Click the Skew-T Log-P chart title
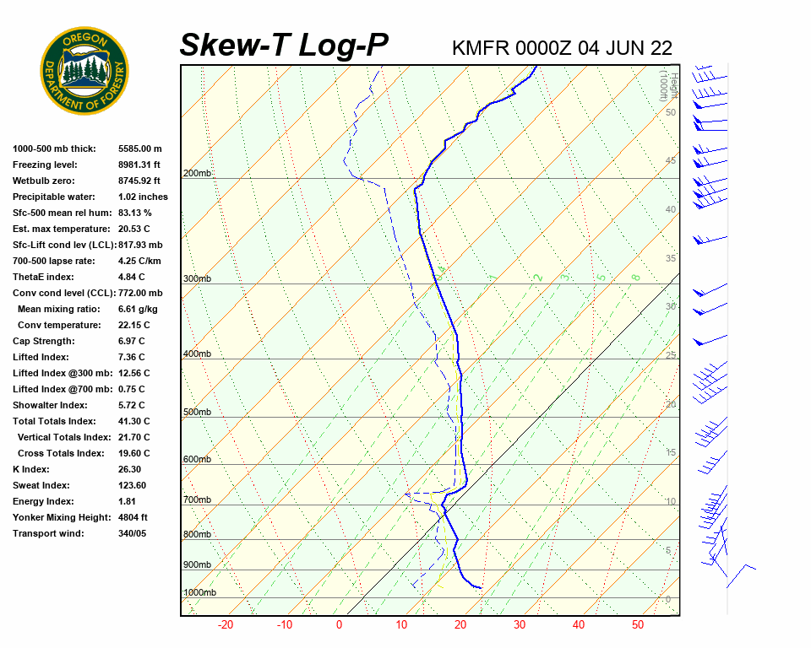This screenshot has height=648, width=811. coord(284,46)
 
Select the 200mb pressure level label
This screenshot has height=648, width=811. coord(197,174)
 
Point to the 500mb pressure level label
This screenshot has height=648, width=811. coord(197,413)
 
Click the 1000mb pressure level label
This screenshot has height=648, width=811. coord(199,593)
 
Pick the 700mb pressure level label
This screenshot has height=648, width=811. coord(197,500)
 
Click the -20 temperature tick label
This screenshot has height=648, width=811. coord(226,625)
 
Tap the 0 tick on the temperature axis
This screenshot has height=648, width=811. coord(339,625)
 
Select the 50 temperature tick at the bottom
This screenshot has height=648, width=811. coord(638,625)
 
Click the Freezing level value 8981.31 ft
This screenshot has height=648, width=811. coord(139,165)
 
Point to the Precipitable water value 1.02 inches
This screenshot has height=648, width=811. coord(143,197)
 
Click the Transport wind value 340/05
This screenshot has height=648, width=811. coord(134,533)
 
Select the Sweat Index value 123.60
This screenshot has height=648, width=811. coord(132,485)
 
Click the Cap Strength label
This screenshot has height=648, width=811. coord(43,341)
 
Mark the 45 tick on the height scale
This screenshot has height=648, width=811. coord(671,161)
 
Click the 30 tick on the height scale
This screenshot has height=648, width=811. coord(671,306)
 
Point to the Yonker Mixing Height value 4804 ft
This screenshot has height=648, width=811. coord(133,517)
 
